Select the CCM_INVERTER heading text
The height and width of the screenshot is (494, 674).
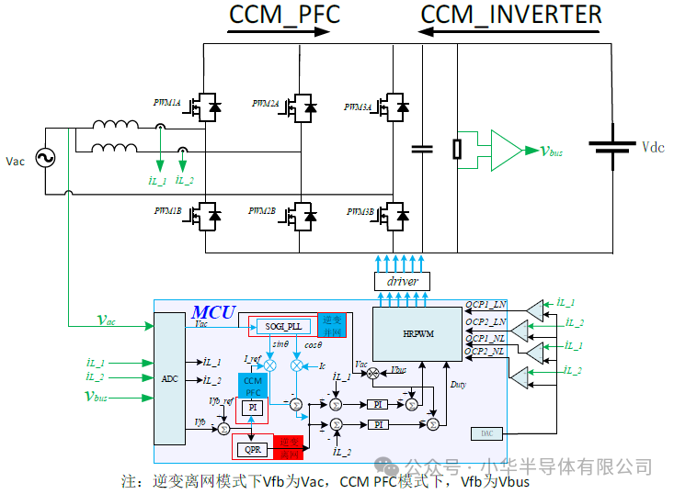pos(511,14)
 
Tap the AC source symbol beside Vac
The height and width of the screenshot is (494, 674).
pos(44,159)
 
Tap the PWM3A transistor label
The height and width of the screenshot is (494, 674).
pos(358,107)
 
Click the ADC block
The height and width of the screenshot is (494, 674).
pos(169,378)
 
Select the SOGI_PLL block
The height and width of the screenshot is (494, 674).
pos(283,325)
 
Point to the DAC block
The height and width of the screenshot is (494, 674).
pos(486,432)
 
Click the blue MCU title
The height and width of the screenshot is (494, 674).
pos(213,311)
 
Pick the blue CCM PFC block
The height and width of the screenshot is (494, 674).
pos(252,386)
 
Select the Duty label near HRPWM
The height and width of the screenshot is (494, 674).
pos(457,385)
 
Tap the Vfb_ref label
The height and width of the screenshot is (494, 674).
pos(221,399)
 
